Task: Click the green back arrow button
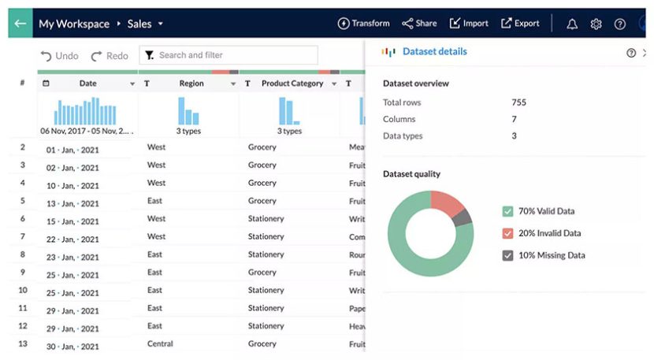[x=20, y=24]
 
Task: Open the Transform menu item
[x=363, y=24]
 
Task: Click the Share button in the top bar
[x=419, y=24]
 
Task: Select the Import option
[x=469, y=24]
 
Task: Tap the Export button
[x=520, y=24]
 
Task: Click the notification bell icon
[x=572, y=24]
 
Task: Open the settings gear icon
[x=596, y=24]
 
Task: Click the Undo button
[x=60, y=56]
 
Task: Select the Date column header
[x=87, y=84]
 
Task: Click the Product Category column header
[x=292, y=84]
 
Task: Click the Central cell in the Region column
[x=160, y=343]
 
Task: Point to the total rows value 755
[x=518, y=102]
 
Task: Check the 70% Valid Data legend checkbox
[x=507, y=211]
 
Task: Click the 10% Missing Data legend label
[x=552, y=255]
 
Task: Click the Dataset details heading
[x=434, y=52]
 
